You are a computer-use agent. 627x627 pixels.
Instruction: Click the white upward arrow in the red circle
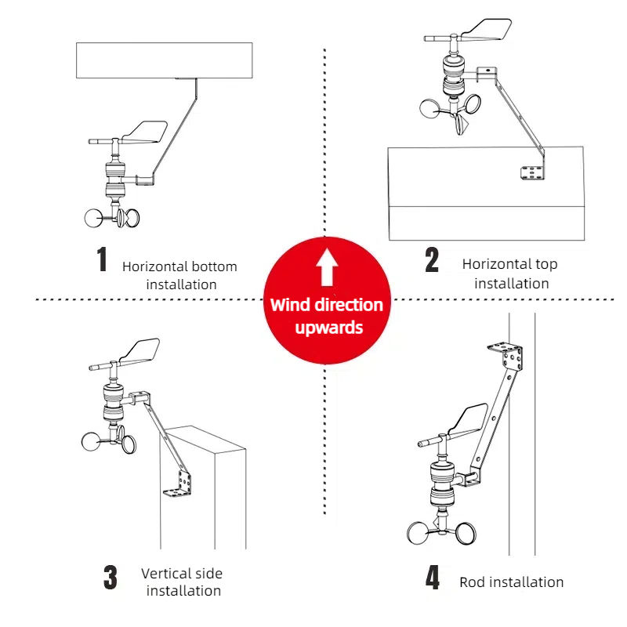(x=327, y=267)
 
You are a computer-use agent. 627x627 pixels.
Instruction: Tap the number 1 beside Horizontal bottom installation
(x=103, y=259)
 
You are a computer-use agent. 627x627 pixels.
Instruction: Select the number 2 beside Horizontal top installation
(x=432, y=260)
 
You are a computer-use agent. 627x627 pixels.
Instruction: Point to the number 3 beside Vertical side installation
(x=111, y=577)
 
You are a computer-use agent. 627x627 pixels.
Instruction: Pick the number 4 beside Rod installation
(x=433, y=577)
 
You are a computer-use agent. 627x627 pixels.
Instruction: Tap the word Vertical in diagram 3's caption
(x=166, y=574)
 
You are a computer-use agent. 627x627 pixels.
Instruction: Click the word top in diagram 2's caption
(x=546, y=265)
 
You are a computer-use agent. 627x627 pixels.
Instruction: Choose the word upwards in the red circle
(x=328, y=328)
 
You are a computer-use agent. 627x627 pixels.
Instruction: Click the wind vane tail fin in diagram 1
(x=145, y=132)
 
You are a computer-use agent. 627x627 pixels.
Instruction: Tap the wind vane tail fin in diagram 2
(x=487, y=29)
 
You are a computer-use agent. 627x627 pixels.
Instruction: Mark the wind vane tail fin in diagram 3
(x=140, y=351)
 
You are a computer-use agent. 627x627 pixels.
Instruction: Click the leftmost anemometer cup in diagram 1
(x=93, y=219)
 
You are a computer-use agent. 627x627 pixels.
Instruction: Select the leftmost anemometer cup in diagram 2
(x=429, y=109)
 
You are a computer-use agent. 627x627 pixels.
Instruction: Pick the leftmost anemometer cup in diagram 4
(x=418, y=534)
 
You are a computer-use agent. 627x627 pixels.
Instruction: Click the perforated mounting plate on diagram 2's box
(x=532, y=173)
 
